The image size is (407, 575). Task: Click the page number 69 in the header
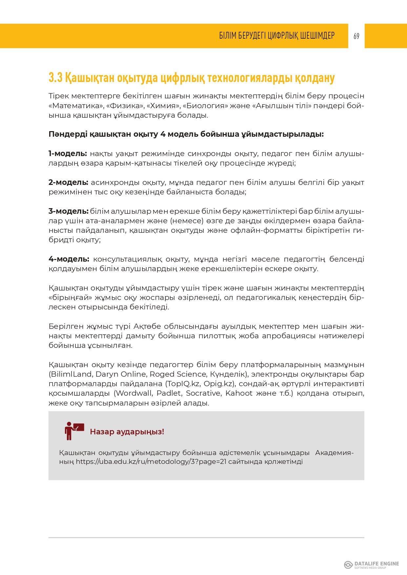pos(356,36)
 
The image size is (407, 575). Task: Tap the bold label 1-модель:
pos(68,153)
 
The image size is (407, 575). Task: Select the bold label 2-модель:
pos(68,182)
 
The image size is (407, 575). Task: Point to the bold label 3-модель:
pos(68,211)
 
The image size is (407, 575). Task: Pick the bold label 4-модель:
pos(69,259)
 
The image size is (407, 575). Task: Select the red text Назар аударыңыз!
pos(127,431)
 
